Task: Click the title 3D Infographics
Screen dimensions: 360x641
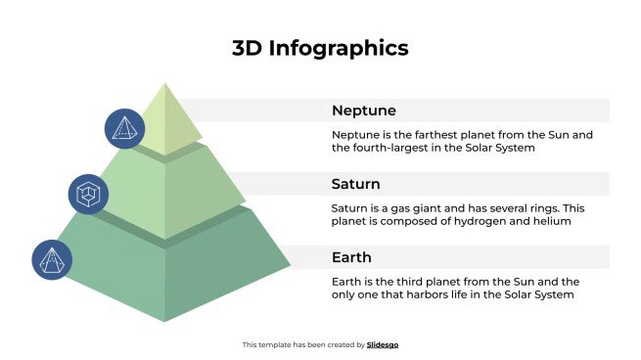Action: click(x=320, y=48)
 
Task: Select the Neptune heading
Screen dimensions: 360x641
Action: click(x=363, y=111)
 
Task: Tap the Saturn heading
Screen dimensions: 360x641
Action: click(x=355, y=184)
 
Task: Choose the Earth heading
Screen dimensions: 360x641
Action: click(x=351, y=257)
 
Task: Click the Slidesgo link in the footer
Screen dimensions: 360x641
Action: click(x=383, y=344)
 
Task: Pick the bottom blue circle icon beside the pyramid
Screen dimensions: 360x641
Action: click(x=51, y=260)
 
